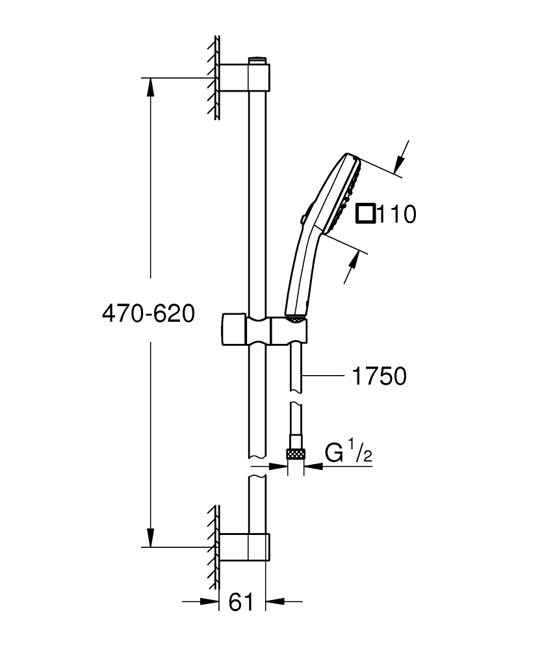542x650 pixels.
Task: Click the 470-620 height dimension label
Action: (x=148, y=314)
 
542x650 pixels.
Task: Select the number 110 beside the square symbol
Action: (x=396, y=214)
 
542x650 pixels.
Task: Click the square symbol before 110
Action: (x=366, y=213)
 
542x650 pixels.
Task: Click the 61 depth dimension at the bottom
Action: (x=241, y=603)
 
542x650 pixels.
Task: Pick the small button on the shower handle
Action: (x=303, y=219)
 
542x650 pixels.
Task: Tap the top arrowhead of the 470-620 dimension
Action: (x=151, y=86)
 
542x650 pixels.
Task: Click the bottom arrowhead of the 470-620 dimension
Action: (x=151, y=538)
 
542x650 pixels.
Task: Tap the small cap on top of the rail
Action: (x=258, y=61)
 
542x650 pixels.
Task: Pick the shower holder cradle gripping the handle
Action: (x=289, y=331)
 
